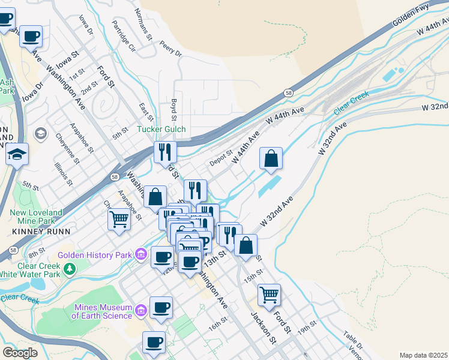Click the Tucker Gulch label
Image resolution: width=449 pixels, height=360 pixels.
click(x=161, y=129)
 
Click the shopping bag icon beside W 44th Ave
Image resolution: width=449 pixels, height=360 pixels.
click(x=271, y=159)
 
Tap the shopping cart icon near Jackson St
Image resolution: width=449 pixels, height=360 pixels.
click(x=269, y=295)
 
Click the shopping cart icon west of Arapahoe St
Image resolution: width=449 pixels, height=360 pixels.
click(x=119, y=219)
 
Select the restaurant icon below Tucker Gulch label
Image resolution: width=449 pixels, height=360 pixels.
click(x=164, y=152)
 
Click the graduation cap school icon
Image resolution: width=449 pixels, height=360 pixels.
click(x=17, y=154)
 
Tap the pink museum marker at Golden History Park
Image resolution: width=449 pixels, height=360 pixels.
click(x=140, y=255)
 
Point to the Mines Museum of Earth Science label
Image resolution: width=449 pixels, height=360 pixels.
click(x=102, y=311)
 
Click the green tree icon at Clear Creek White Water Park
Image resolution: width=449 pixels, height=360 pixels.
click(x=70, y=269)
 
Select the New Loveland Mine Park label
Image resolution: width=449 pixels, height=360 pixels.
click(x=37, y=217)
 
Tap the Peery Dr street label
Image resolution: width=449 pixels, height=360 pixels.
click(x=170, y=48)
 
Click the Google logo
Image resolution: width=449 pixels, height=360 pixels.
click(x=20, y=353)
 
